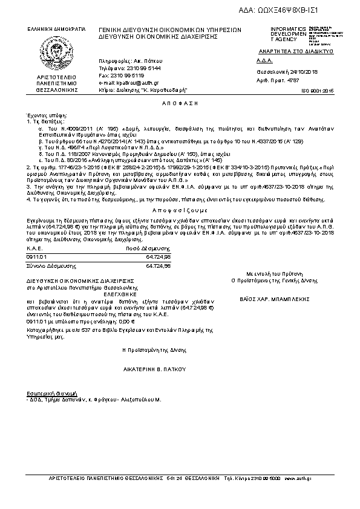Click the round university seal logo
pyautogui.click(x=56, y=52)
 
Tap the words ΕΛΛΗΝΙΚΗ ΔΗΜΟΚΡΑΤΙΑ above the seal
pyautogui.click(x=56, y=29)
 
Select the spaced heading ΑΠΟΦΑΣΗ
pyautogui.click(x=180, y=104)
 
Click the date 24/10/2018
pyautogui.click(x=303, y=71)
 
